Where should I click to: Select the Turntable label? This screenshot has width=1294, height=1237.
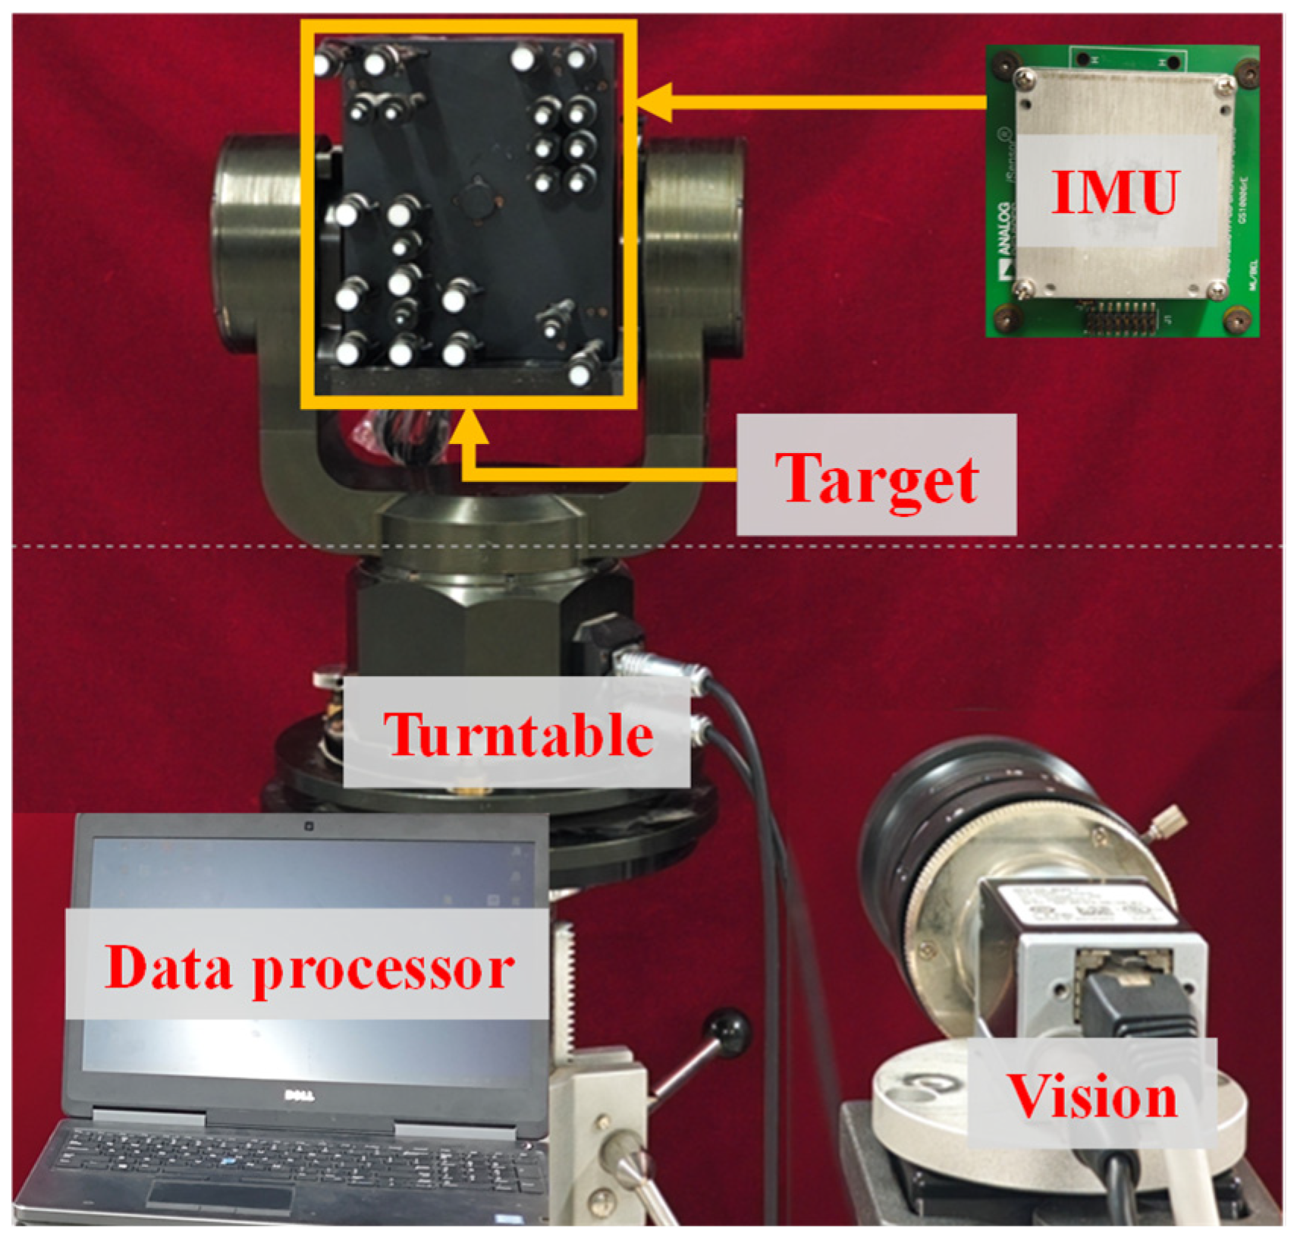pyautogui.click(x=518, y=735)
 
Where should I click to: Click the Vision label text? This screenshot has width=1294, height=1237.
pyautogui.click(x=1092, y=1097)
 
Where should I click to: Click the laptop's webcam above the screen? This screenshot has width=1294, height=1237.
pyautogui.click(x=309, y=826)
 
